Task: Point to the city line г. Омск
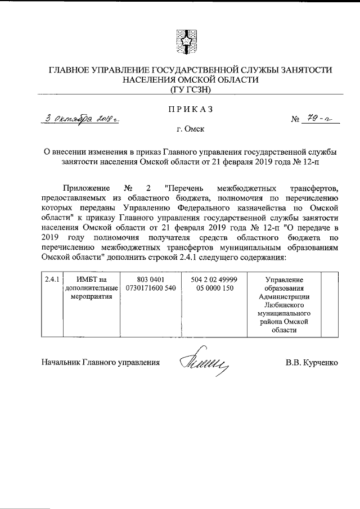[x=190, y=129]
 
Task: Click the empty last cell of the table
[x=329, y=304]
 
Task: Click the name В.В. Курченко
[x=312, y=363]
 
